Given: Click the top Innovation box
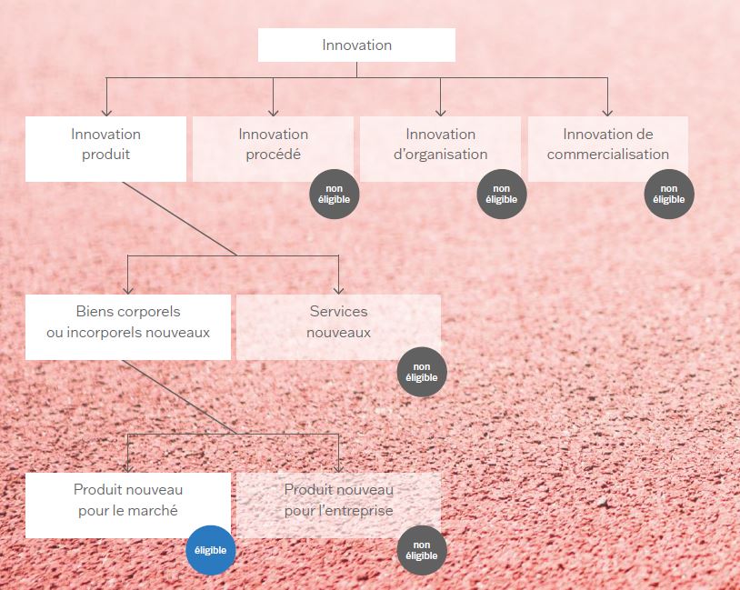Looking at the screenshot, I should (x=356, y=45).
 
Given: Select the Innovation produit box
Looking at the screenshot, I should (x=105, y=148).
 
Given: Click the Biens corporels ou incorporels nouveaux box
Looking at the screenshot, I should (x=128, y=326).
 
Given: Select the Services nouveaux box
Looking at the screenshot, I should (x=338, y=325).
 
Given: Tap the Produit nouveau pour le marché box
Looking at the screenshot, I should (x=128, y=503).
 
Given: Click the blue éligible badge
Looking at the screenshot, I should (x=210, y=550).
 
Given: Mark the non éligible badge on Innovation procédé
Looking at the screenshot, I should (x=335, y=194).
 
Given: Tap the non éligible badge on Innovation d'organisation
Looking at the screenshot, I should (x=502, y=194).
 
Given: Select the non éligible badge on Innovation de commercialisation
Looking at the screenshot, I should (x=669, y=194).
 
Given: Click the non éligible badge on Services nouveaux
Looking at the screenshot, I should (x=422, y=372).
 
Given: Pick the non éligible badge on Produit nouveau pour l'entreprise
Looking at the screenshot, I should (x=422, y=550).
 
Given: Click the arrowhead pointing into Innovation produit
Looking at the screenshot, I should (x=106, y=111).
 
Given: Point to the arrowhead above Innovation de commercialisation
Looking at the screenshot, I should (x=607, y=111).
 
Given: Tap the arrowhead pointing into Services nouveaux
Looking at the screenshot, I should (x=339, y=289).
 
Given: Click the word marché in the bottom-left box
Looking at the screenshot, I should (x=155, y=511).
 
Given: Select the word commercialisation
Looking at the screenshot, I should (x=608, y=155).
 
